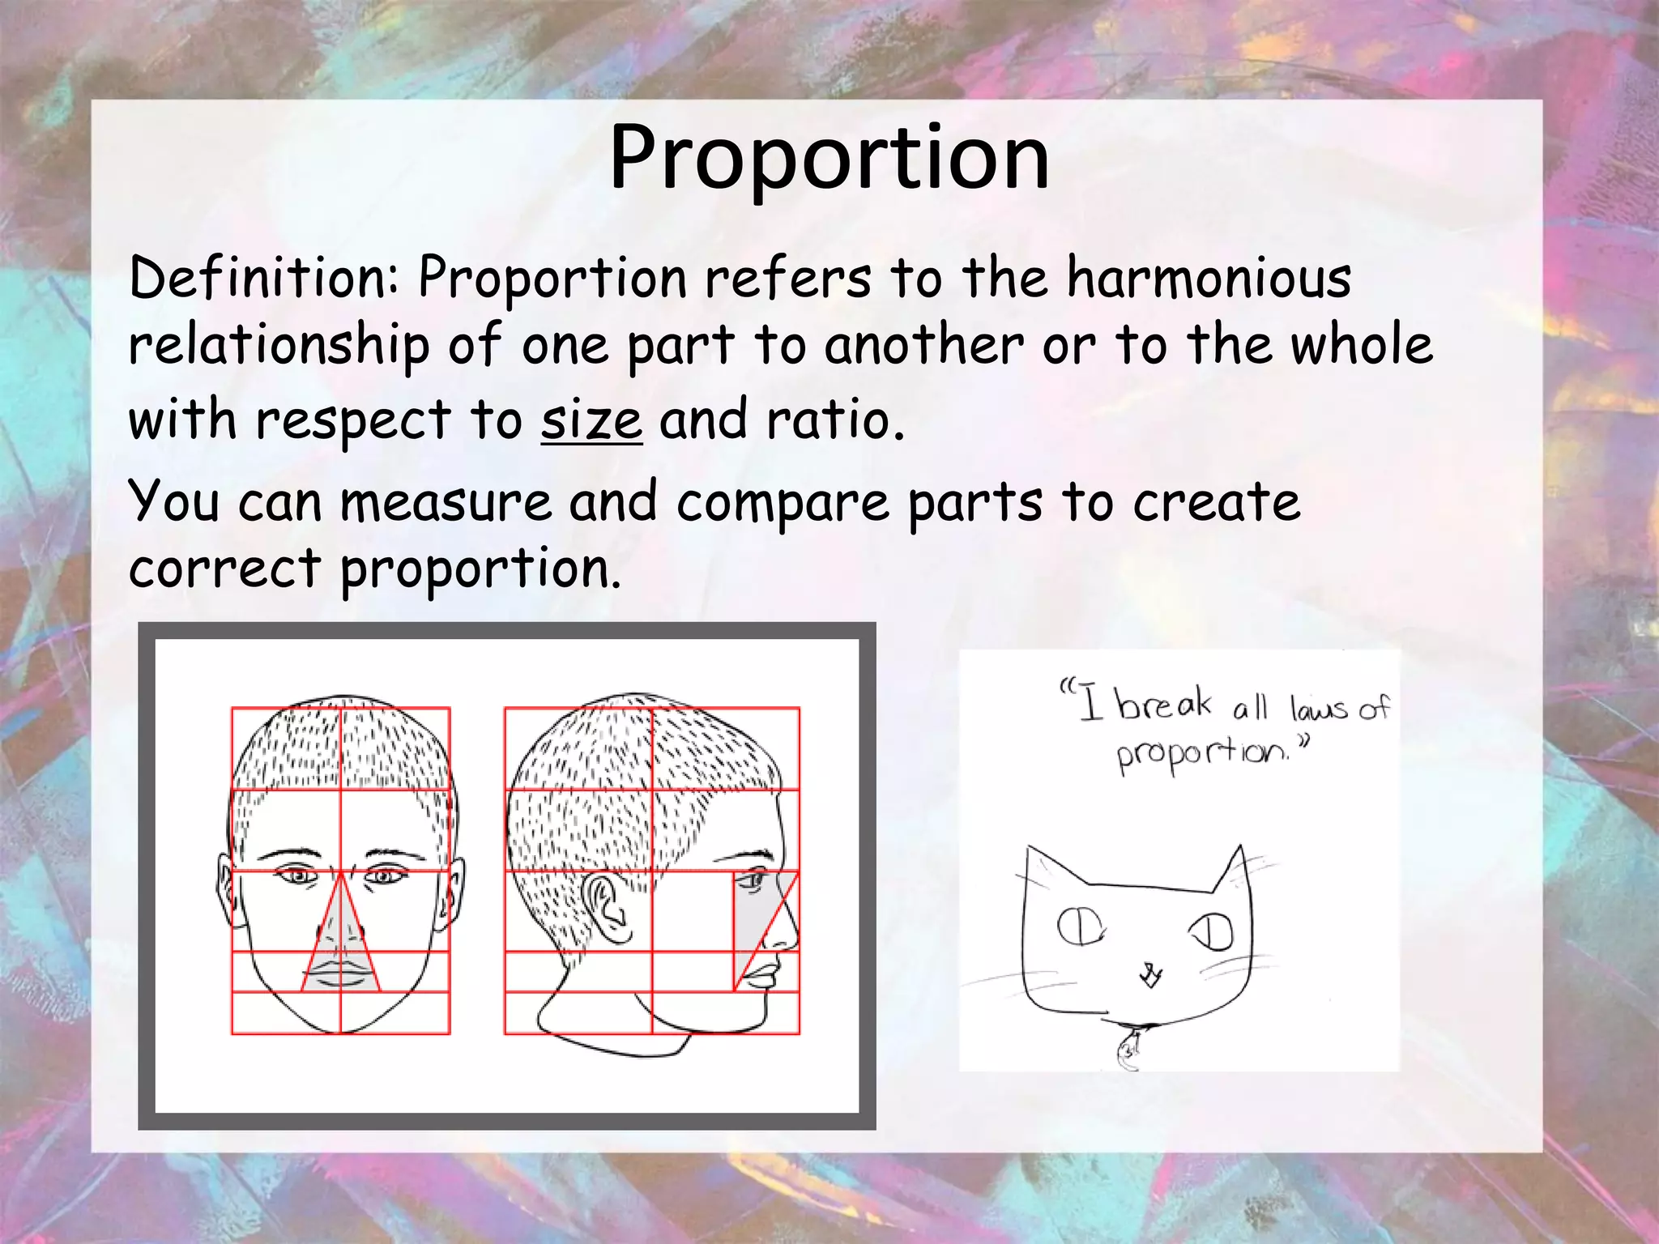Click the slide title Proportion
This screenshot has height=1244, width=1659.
pos(829,157)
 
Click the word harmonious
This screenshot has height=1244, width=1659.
pos(1209,278)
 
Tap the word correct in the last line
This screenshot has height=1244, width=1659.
pos(225,569)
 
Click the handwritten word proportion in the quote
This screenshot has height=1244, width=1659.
pos(1202,755)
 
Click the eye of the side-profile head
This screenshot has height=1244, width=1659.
pos(755,880)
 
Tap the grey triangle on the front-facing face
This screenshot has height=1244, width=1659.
pos(340,939)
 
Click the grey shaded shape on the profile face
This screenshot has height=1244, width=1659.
pos(757,923)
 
